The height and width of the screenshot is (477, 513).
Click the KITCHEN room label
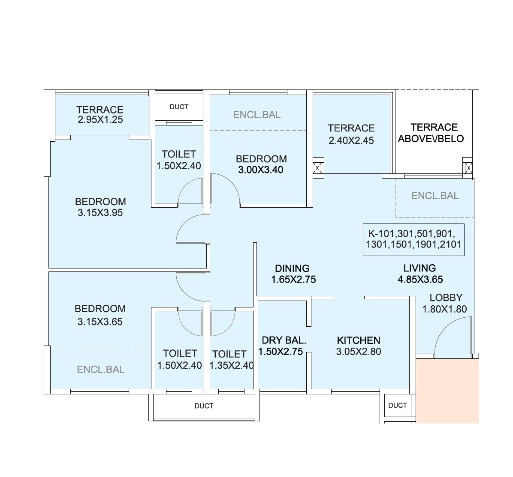(358, 340)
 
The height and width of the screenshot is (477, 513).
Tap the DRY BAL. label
(284, 340)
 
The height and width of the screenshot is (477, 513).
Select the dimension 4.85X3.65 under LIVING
(419, 280)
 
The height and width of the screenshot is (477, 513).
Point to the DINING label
(292, 268)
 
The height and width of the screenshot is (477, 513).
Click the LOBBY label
(446, 298)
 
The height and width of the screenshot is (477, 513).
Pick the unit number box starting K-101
(413, 240)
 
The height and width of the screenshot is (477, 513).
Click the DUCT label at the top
(179, 107)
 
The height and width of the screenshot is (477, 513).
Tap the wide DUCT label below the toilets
(204, 406)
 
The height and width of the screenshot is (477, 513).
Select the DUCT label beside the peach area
(397, 405)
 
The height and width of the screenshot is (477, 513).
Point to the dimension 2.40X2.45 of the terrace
(351, 140)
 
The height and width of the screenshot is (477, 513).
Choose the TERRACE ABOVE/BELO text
(431, 133)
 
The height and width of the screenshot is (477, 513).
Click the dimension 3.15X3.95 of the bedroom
(100, 213)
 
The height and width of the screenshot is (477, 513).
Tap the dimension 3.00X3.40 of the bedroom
(261, 170)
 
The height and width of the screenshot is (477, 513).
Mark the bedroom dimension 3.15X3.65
(100, 322)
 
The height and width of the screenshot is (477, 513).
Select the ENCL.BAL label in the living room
(435, 196)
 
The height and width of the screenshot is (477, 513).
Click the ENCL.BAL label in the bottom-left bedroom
(100, 370)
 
